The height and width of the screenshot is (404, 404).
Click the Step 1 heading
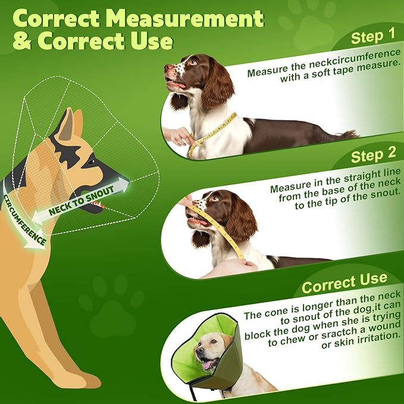coord(372,37)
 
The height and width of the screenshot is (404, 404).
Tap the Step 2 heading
coord(373,156)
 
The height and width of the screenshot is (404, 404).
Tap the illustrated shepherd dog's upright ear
coord(67,124)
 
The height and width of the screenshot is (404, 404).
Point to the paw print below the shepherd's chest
coord(112,303)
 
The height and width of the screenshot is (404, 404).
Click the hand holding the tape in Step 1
coord(178,136)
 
